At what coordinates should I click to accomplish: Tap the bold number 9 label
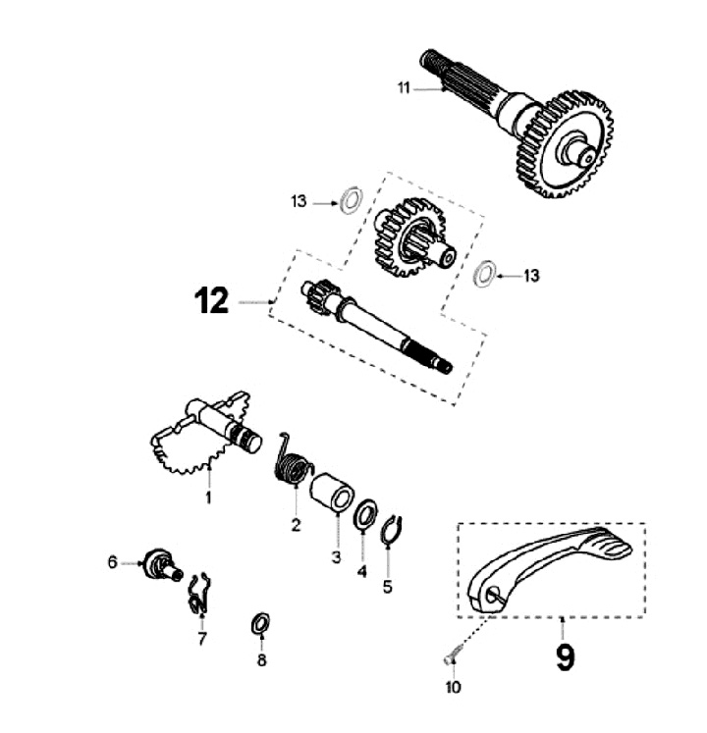point(565,656)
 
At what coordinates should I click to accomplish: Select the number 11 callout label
point(403,88)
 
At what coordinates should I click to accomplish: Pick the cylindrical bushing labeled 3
point(331,491)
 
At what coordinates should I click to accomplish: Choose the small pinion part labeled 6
point(160,563)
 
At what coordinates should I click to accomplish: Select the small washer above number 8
point(261,622)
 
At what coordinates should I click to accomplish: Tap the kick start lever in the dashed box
point(550,564)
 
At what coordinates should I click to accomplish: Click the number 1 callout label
point(208,497)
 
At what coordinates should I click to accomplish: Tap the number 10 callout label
point(453,688)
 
